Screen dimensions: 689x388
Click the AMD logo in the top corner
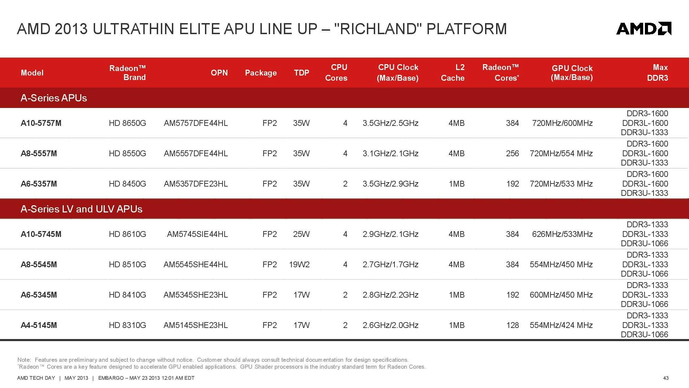(x=644, y=29)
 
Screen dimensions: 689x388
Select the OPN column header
(x=219, y=73)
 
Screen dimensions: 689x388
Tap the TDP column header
(x=301, y=73)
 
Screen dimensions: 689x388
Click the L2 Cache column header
(x=453, y=73)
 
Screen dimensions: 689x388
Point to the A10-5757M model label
(x=41, y=123)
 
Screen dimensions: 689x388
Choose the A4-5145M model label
(x=39, y=325)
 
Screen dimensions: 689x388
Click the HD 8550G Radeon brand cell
(x=127, y=153)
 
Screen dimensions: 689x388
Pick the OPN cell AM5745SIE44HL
(x=197, y=234)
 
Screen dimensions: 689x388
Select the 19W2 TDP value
(x=299, y=265)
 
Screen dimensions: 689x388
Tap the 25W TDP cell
(x=301, y=234)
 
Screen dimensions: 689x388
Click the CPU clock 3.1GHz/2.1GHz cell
(x=391, y=153)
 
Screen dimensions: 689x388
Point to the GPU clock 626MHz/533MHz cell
(x=563, y=234)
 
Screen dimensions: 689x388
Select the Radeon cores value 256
(x=513, y=153)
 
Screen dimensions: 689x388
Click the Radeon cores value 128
(x=513, y=325)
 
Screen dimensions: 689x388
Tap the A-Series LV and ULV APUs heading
(x=81, y=209)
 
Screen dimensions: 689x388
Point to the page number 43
(x=666, y=378)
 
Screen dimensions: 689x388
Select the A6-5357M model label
(x=39, y=184)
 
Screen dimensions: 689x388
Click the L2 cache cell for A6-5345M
(x=457, y=295)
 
